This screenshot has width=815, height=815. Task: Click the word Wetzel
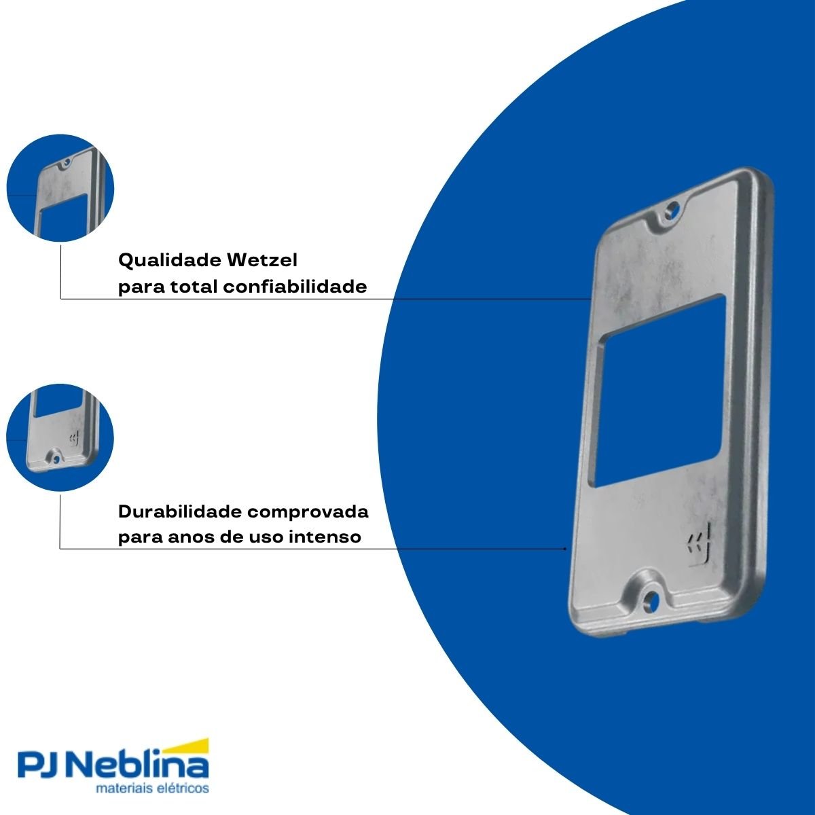pyautogui.click(x=262, y=259)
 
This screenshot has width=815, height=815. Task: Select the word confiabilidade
pyautogui.click(x=295, y=287)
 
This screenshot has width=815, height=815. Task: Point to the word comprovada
pyautogui.click(x=308, y=512)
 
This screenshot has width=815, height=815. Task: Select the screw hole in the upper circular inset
pyautogui.click(x=67, y=162)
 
